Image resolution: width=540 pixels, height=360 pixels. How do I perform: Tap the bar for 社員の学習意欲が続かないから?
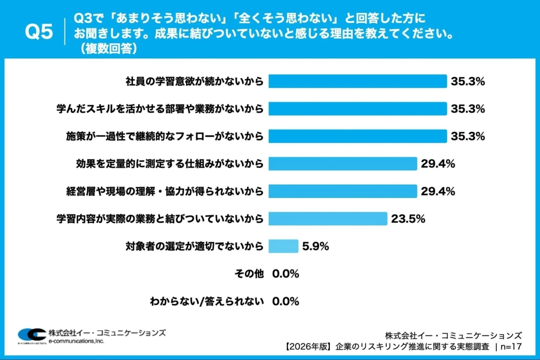(x=358, y=81)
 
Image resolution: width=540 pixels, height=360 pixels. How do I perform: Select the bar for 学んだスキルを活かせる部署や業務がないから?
(x=358, y=109)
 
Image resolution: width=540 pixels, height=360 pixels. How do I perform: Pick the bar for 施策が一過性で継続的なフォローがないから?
(x=358, y=136)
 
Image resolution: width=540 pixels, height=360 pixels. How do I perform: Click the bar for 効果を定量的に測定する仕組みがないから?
(x=343, y=164)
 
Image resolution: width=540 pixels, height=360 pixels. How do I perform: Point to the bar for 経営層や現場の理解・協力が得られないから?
(x=343, y=191)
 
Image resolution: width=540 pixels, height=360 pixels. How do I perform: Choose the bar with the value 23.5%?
(x=328, y=219)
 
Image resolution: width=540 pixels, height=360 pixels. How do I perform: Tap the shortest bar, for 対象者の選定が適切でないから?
(x=283, y=246)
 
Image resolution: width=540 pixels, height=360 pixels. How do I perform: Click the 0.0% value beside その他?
(x=286, y=274)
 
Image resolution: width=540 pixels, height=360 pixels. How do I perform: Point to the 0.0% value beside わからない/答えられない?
(x=286, y=301)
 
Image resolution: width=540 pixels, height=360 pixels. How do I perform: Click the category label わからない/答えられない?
(x=207, y=301)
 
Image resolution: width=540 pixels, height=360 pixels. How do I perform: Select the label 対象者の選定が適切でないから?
(x=194, y=246)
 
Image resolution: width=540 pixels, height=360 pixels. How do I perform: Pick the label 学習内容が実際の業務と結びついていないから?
(x=159, y=219)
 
